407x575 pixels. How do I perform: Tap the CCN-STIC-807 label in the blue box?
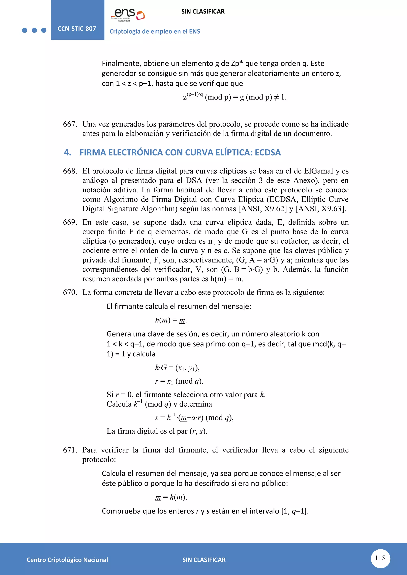77,29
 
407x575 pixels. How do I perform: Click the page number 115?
380,558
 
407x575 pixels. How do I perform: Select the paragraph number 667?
70,124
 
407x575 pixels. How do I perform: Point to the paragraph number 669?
70,222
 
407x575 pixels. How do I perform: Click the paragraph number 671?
70,450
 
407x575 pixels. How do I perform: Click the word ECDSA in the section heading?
268,152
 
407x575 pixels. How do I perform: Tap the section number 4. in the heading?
67,152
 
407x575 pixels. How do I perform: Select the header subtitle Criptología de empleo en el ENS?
155,32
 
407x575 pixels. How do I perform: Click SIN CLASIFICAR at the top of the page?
203,12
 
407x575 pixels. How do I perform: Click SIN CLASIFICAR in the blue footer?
204,560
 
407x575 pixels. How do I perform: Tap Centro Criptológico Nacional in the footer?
67,560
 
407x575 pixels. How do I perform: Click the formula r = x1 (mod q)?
179,381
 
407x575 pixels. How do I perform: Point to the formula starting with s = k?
194,418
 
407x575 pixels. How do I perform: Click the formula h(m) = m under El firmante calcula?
171,320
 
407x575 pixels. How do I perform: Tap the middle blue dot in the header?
34,30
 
